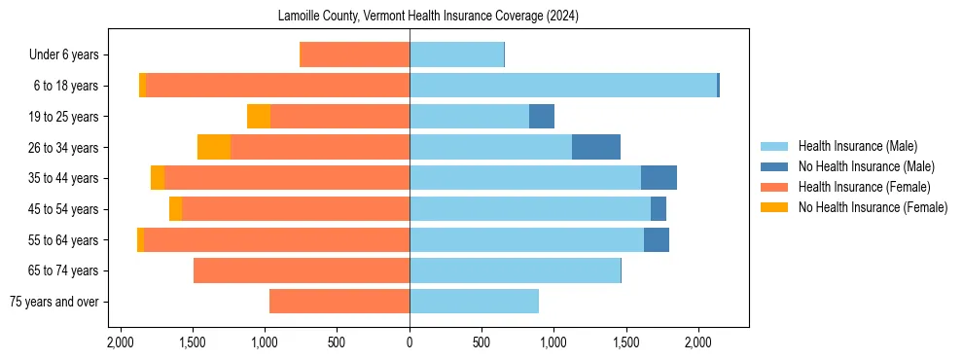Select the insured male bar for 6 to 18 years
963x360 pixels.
click(x=563, y=86)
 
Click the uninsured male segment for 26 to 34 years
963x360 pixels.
click(x=596, y=147)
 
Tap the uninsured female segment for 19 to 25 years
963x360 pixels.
click(x=259, y=117)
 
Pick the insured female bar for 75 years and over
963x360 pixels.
click(x=339, y=302)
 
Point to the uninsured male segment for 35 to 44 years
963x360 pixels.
click(x=659, y=178)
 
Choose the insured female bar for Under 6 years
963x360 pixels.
click(x=355, y=55)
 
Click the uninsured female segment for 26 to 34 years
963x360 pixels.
click(x=214, y=147)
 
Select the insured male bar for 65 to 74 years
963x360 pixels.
click(x=515, y=270)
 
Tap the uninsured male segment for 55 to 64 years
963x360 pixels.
click(x=657, y=239)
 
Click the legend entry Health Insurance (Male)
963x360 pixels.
click(x=857, y=146)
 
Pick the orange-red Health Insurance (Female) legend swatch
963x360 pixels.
click(x=774, y=187)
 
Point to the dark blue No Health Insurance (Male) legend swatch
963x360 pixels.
click(x=774, y=166)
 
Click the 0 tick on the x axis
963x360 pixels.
click(x=410, y=342)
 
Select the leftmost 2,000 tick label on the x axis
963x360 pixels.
click(x=121, y=342)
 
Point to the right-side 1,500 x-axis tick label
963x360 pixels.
click(x=626, y=342)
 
